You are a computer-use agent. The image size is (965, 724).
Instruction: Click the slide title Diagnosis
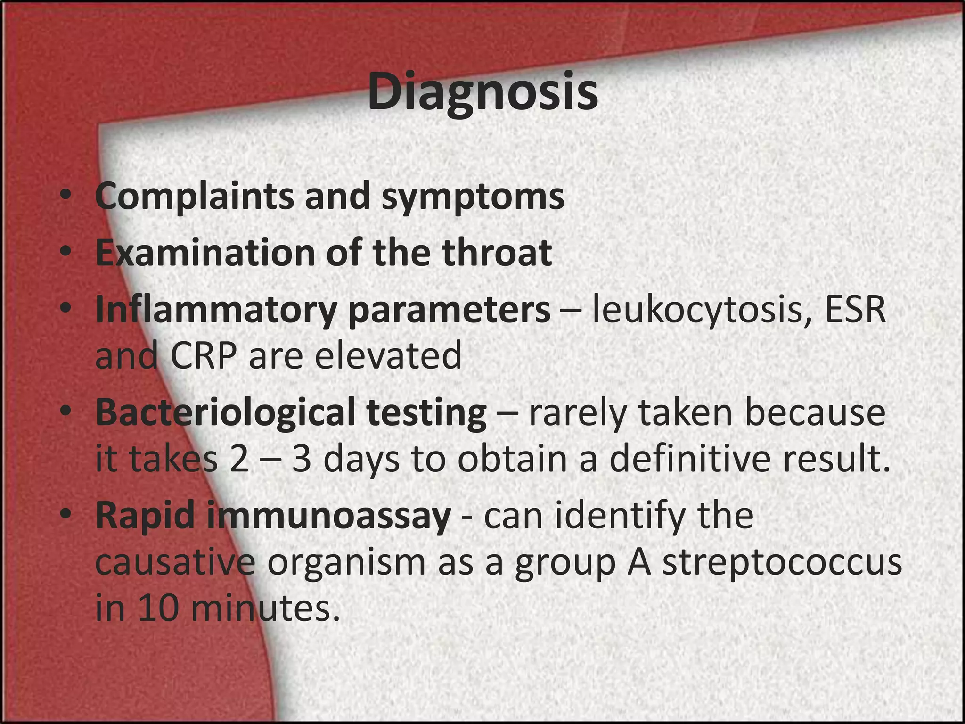(482, 92)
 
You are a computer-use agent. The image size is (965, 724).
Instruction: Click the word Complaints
(194, 196)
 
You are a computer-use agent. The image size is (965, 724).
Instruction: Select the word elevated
(388, 356)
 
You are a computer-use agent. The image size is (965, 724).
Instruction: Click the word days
(361, 460)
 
